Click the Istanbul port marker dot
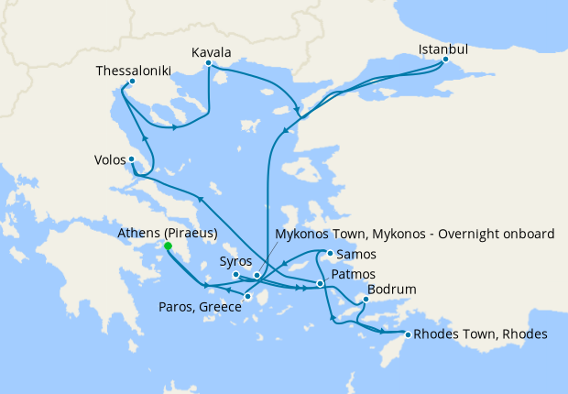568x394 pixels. [445, 61]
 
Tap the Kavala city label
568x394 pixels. [211, 51]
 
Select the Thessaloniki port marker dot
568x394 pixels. [126, 89]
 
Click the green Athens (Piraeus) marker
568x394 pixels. [168, 246]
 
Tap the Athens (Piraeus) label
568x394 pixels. [168, 234]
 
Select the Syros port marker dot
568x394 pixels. [235, 274]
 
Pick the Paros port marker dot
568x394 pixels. [246, 296]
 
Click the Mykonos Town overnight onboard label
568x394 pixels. [414, 235]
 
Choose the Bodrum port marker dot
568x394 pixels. [365, 300]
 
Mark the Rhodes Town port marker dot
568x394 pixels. [405, 334]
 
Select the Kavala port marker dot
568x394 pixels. [210, 63]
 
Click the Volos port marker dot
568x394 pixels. [132, 159]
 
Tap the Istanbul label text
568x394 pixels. [443, 49]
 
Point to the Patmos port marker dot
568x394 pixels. [320, 283]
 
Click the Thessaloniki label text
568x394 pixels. [134, 71]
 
